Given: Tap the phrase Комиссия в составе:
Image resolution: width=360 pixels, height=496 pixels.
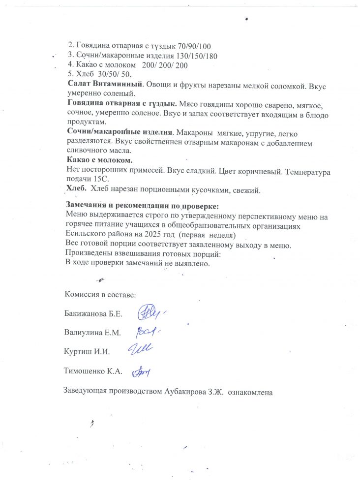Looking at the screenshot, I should tap(100, 294).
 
